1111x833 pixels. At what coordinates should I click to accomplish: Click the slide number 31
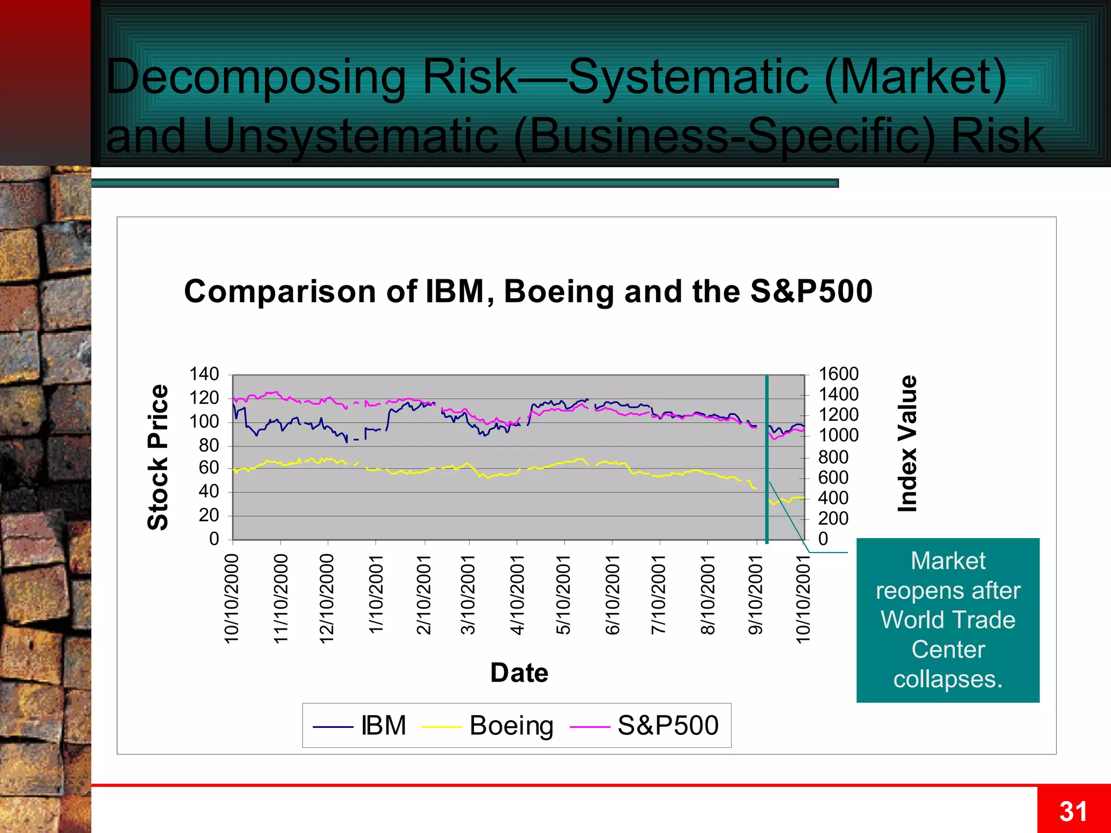[1073, 812]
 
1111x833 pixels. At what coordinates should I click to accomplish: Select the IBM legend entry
[383, 726]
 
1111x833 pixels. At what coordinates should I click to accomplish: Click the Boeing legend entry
[511, 726]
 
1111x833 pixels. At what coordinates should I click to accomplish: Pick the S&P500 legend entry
[668, 726]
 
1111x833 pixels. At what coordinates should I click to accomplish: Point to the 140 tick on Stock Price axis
[204, 374]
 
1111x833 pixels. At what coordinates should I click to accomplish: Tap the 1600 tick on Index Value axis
[838, 374]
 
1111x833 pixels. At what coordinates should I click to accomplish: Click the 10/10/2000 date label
[232, 599]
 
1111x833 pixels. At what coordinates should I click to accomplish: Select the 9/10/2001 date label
[756, 594]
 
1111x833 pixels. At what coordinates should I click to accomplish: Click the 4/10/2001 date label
[517, 594]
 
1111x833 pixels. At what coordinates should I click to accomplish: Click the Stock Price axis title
[158, 457]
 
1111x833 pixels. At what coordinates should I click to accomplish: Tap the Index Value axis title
[908, 443]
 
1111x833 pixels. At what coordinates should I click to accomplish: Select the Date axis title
[519, 673]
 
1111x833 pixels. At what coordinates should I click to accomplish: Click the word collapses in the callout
[947, 679]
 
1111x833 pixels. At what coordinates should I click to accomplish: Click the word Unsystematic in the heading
[350, 136]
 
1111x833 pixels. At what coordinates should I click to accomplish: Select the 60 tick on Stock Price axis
[208, 467]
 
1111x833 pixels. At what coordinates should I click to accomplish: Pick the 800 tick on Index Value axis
[833, 457]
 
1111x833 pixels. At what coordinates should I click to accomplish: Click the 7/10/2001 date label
[659, 594]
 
